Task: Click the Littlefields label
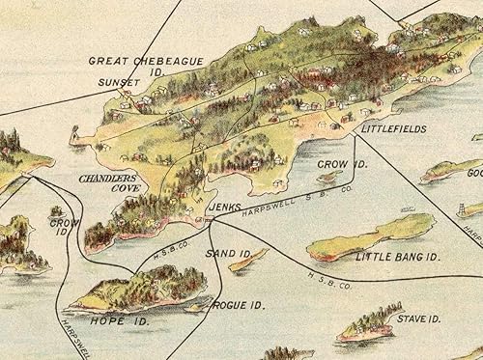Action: (x=394, y=128)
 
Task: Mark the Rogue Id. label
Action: (x=238, y=306)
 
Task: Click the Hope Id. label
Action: (x=107, y=318)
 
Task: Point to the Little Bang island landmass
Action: (x=372, y=235)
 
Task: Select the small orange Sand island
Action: (x=247, y=261)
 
